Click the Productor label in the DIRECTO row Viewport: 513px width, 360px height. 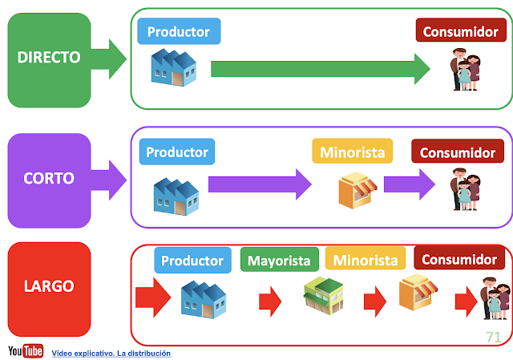click(x=179, y=31)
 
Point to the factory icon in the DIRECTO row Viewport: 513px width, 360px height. click(x=175, y=67)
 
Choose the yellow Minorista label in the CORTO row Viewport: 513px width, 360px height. click(x=353, y=152)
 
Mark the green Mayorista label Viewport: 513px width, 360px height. click(x=280, y=260)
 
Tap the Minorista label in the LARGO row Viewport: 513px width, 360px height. click(x=366, y=260)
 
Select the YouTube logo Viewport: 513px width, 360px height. click(x=26, y=351)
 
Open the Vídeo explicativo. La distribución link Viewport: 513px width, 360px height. click(x=111, y=353)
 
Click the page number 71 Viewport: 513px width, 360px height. click(x=492, y=337)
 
